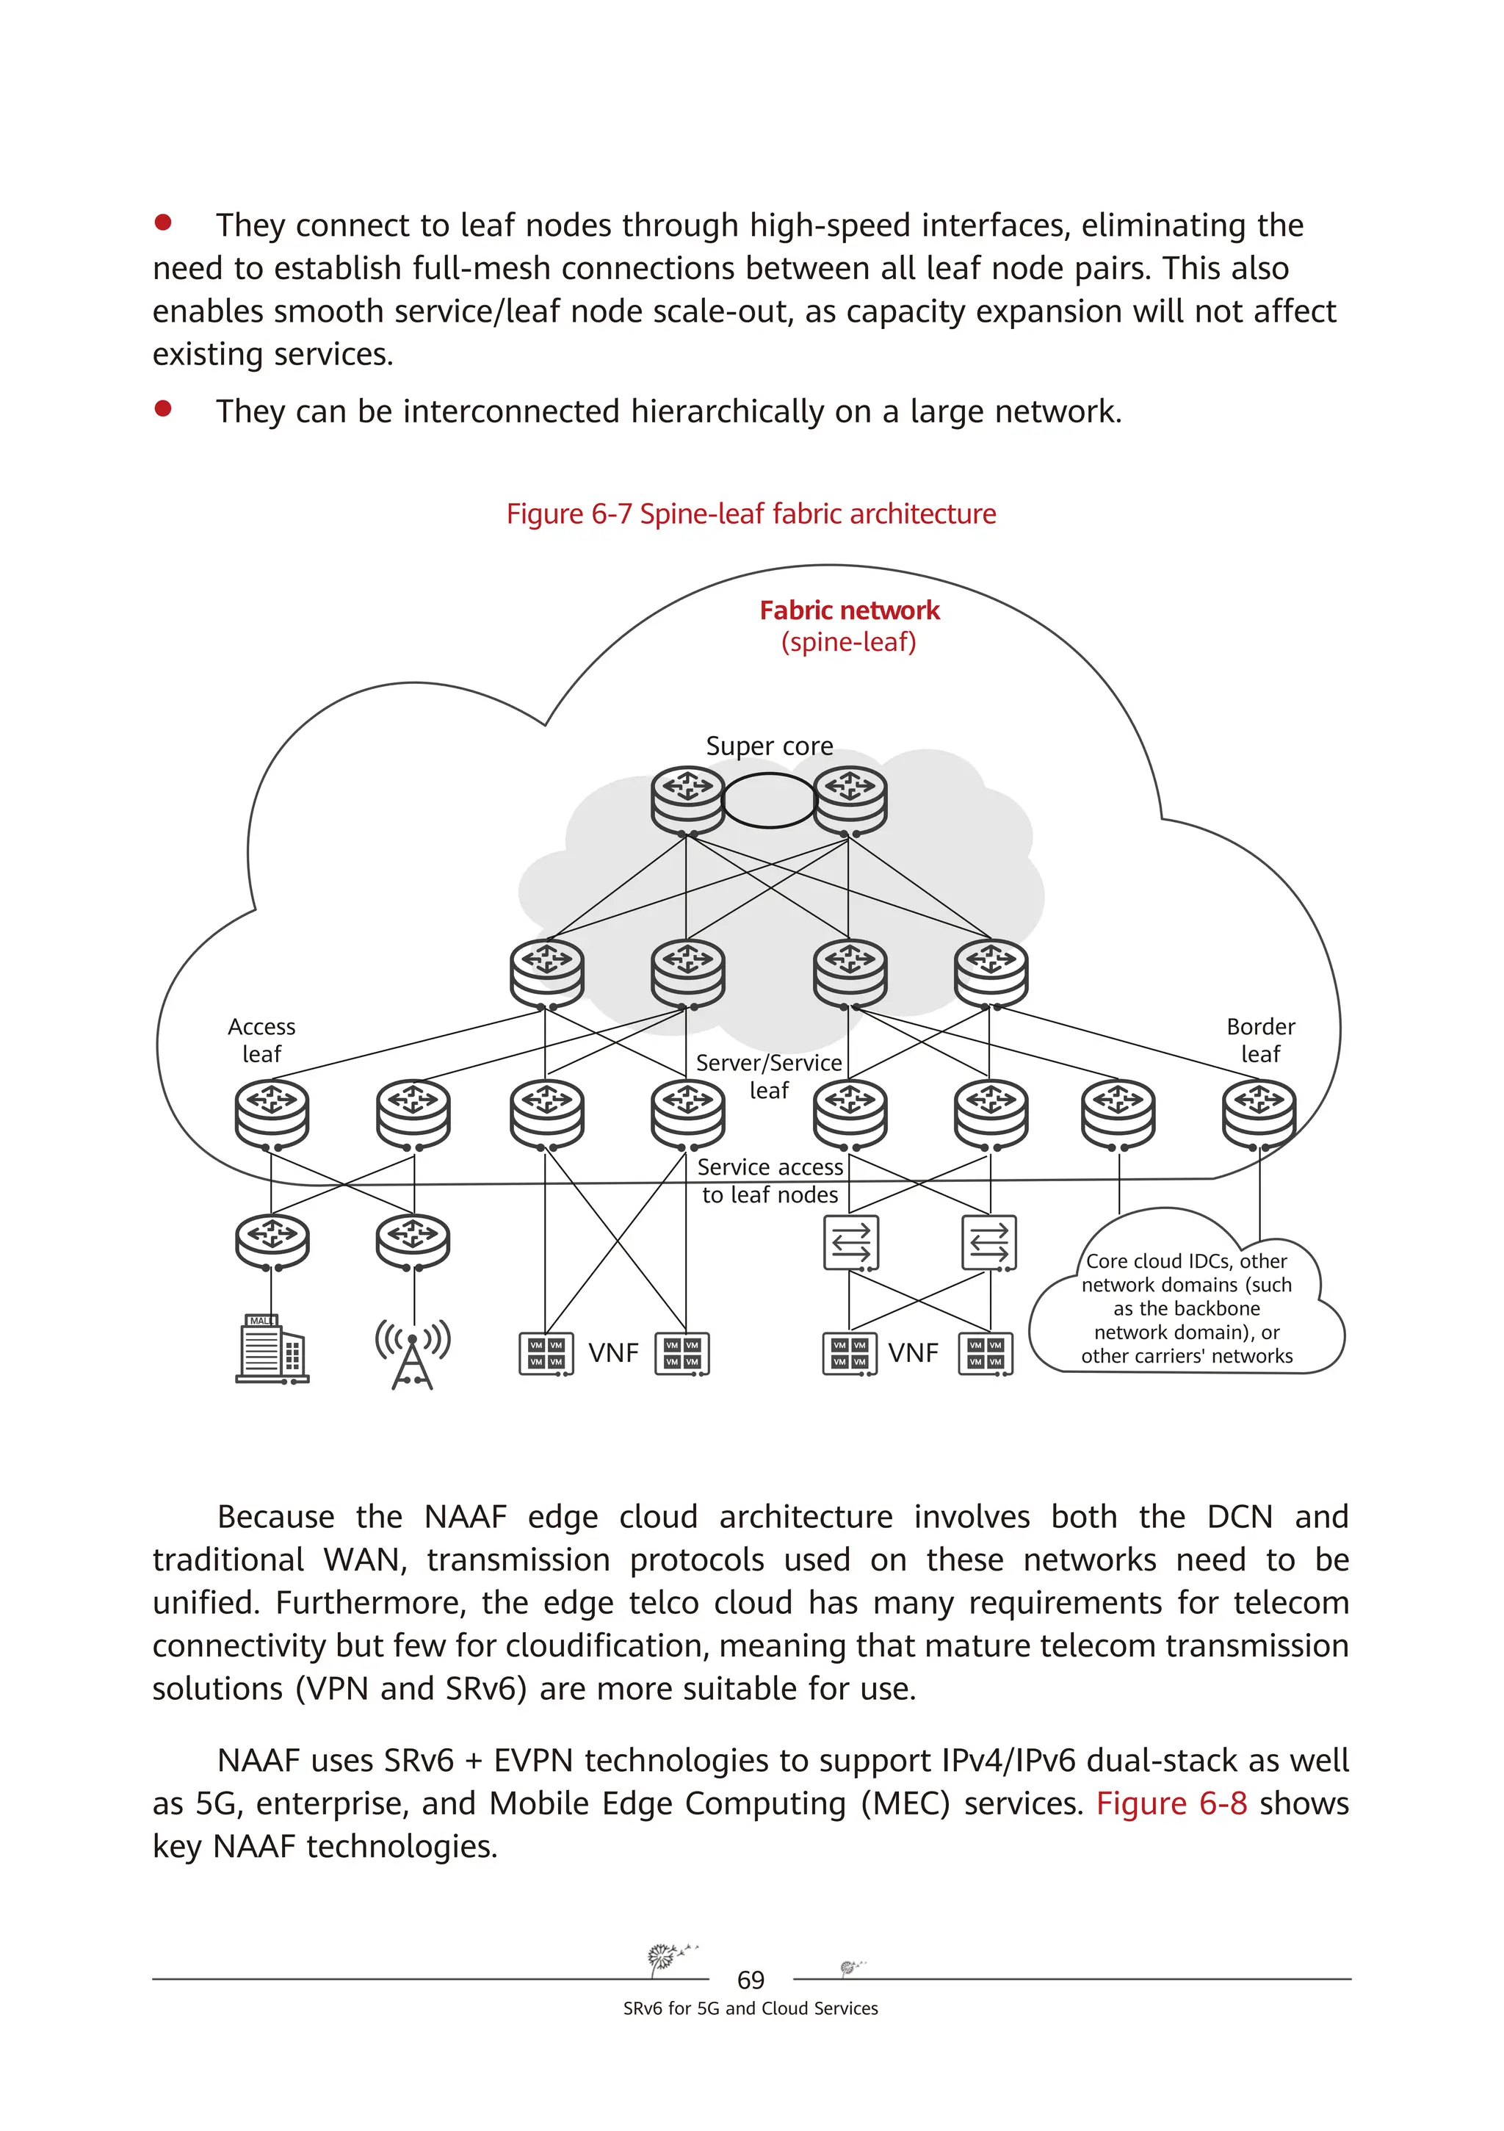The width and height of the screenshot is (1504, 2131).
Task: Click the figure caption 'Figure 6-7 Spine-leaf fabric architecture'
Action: [751, 513]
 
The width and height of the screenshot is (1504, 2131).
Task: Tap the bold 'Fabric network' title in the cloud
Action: [849, 610]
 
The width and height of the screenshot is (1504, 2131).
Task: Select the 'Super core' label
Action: [769, 746]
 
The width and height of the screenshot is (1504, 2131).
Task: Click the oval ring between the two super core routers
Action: [768, 800]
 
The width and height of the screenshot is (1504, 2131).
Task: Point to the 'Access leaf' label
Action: [261, 1039]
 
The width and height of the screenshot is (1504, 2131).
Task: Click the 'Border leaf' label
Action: [1260, 1039]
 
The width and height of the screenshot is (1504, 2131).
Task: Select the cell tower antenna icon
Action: [413, 1352]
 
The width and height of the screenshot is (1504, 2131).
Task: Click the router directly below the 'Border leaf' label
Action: [1258, 1112]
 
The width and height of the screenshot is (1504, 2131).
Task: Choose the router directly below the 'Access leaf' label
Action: [272, 1112]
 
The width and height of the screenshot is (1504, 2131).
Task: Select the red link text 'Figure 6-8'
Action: [1171, 1803]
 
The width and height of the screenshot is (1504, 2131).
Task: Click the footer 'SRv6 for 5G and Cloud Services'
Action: [751, 2008]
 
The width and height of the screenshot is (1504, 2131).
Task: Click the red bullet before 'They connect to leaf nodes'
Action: [163, 222]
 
